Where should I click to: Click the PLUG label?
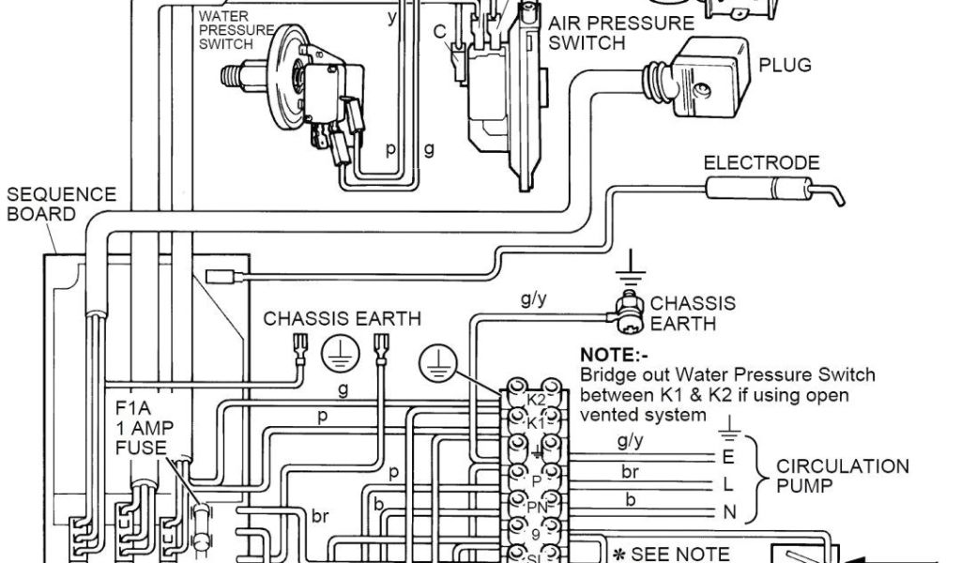[786, 66]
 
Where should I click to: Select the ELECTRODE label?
[761, 163]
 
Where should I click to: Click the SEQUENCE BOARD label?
[62, 204]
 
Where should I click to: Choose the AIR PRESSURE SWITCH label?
[614, 32]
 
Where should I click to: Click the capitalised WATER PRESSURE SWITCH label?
[226, 30]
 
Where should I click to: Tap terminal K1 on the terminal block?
[535, 423]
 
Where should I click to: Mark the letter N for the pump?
[728, 512]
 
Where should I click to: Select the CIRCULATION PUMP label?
[842, 476]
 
